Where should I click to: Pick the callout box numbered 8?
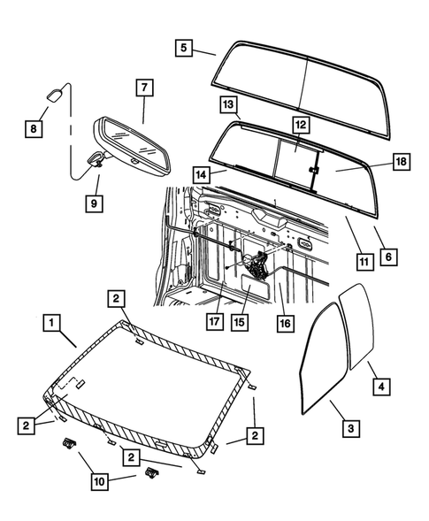pos(33,129)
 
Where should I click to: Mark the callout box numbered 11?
pos(364,261)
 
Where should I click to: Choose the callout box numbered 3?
pos(350,427)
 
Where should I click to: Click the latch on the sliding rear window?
pos(313,167)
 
